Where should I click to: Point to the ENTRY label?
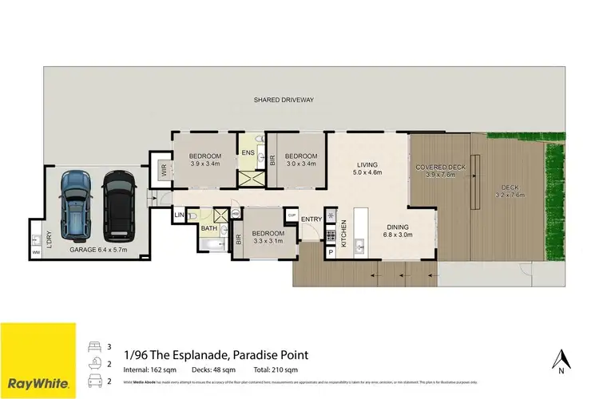[311, 219]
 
